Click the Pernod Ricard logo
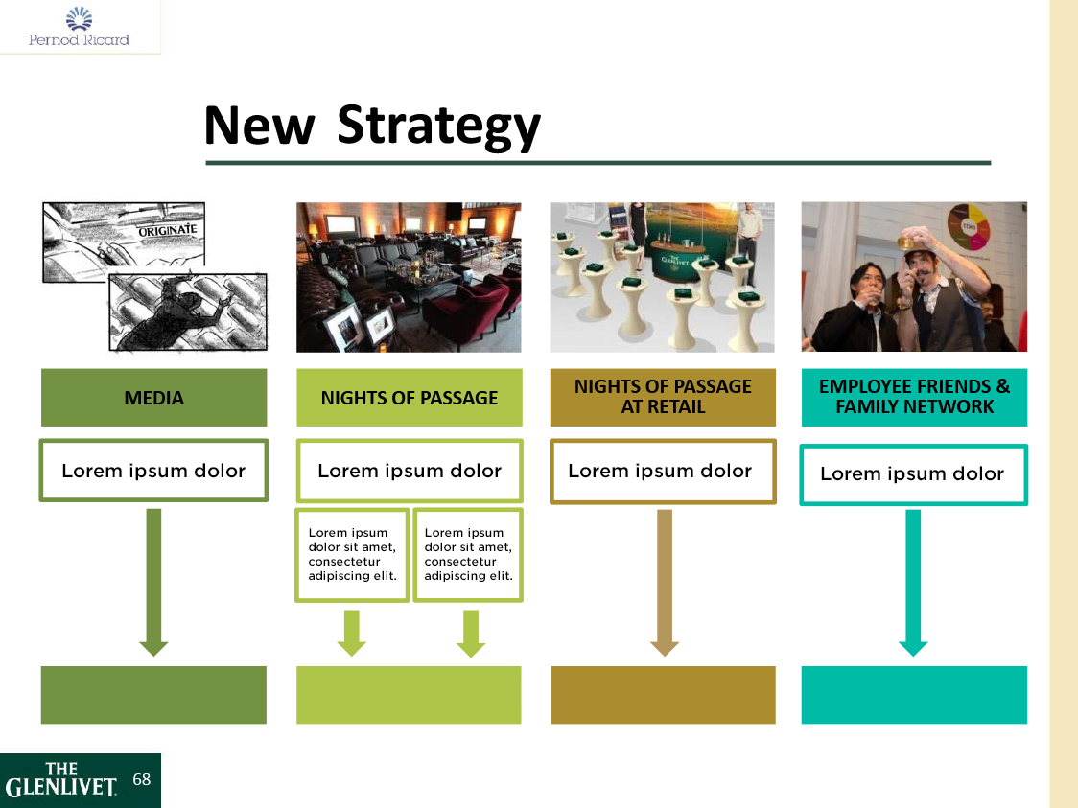point(79,27)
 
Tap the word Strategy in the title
point(439,126)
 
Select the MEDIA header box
point(153,398)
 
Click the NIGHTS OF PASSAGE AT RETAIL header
point(663,397)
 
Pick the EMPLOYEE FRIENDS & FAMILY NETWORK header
point(914,397)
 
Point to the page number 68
point(142,780)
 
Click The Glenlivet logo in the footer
point(62,781)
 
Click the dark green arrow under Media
point(153,580)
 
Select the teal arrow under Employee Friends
point(913,580)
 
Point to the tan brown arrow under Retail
point(665,580)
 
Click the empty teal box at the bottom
point(914,695)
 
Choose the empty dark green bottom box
point(153,695)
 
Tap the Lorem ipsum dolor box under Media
point(153,471)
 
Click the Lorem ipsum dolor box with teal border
point(913,474)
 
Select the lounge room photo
point(409,277)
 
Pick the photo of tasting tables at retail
point(663,277)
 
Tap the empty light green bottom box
point(409,695)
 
